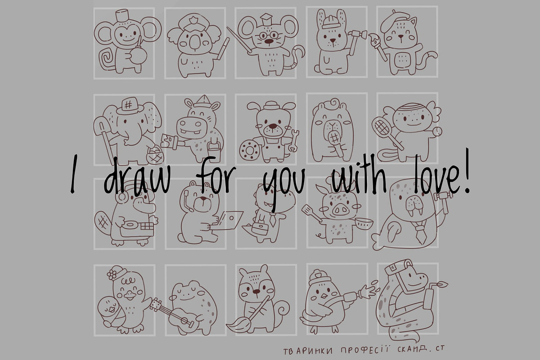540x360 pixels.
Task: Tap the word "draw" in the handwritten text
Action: [x=137, y=175]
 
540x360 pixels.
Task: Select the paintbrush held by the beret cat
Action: [x=378, y=46]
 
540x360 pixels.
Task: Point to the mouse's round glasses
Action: [x=268, y=36]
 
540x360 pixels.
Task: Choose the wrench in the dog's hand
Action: [x=294, y=141]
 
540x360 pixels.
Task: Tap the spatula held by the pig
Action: [x=311, y=213]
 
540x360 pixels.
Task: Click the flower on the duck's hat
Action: [x=112, y=274]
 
